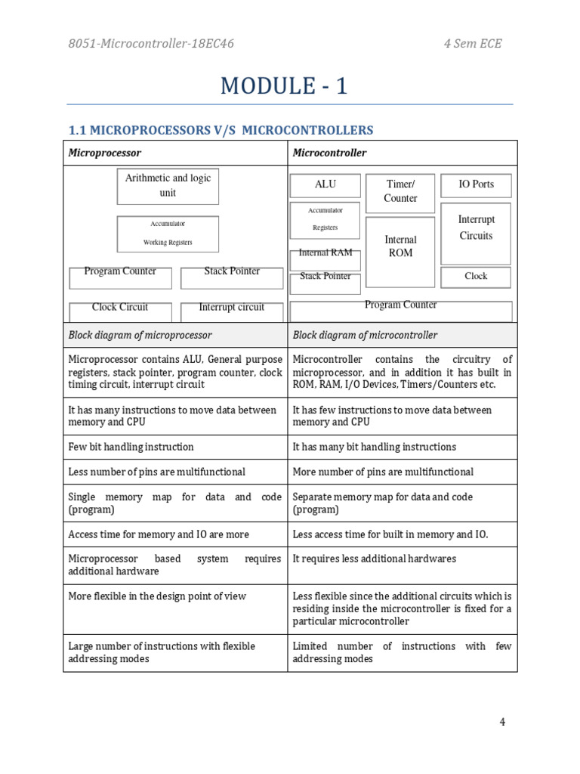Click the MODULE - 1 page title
coord(284,86)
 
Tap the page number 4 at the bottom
coord(502,722)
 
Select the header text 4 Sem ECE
coord(472,43)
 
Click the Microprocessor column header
coord(105,153)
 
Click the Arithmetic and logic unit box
coord(168,186)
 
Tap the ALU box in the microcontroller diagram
coord(325,185)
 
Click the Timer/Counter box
coord(400,192)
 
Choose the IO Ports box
coord(476,185)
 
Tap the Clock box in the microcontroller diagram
coord(476,277)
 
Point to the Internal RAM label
coord(325,253)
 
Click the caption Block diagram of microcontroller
coord(365,335)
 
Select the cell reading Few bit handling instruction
coord(131,447)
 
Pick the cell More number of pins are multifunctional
coord(383,472)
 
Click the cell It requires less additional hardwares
coord(375,559)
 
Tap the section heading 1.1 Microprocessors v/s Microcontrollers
coord(221,130)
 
